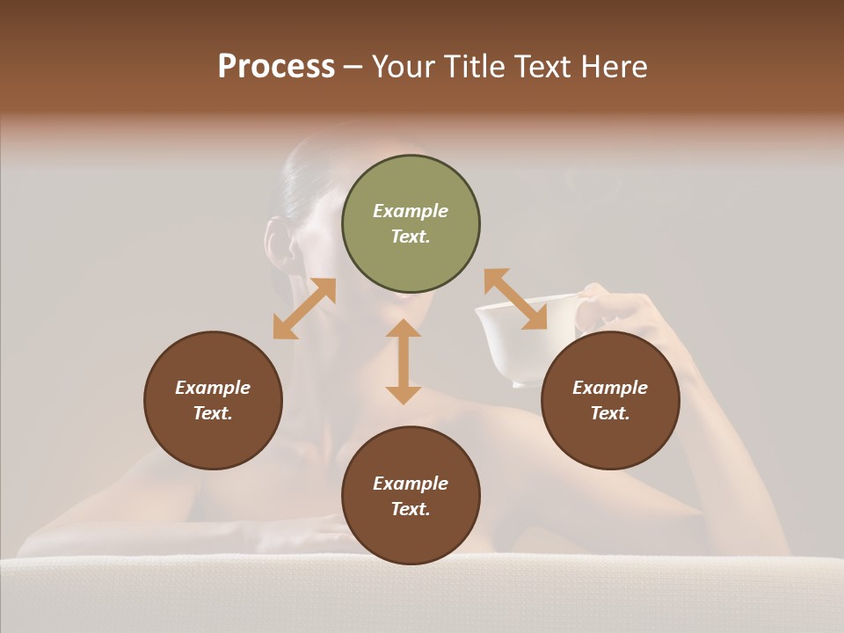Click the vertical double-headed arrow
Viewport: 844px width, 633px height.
point(404,361)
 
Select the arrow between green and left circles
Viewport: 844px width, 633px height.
point(304,309)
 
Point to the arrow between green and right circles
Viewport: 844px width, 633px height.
point(515,300)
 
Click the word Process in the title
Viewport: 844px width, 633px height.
point(276,67)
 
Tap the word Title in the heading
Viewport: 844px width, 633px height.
point(476,67)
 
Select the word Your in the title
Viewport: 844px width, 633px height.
point(405,67)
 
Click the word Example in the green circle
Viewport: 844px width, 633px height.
point(411,211)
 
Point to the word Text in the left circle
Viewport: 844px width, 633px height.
point(213,413)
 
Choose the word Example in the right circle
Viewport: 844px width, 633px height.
point(610,388)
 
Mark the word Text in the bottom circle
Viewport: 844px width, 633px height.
point(411,509)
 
